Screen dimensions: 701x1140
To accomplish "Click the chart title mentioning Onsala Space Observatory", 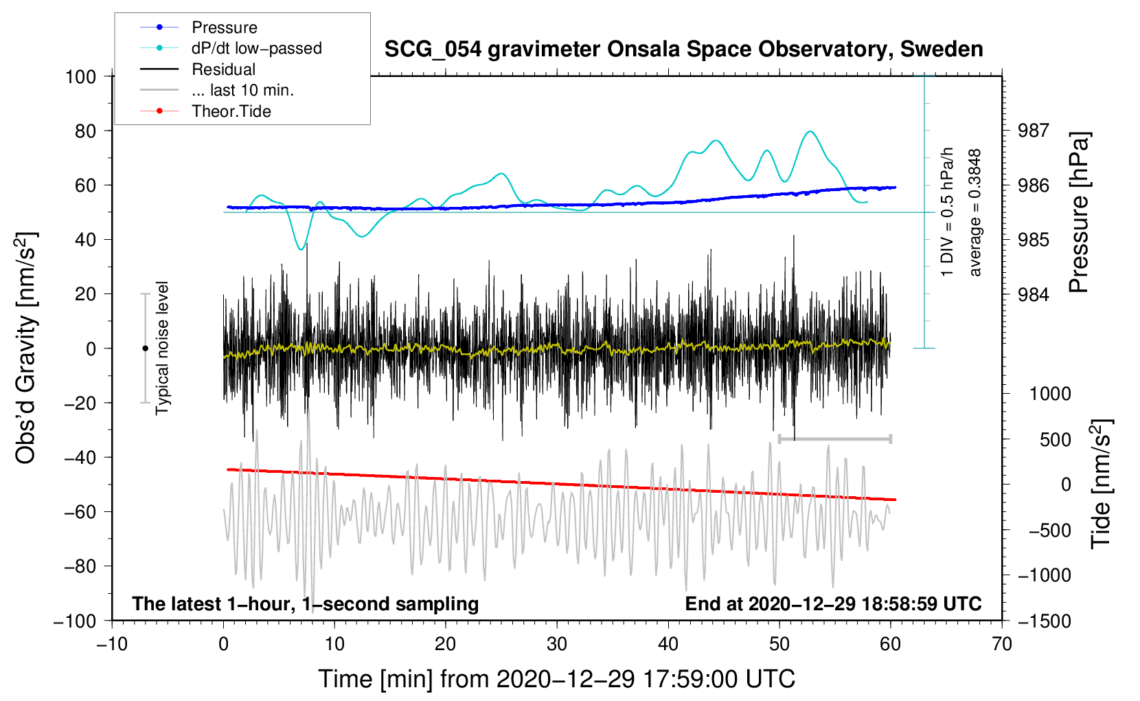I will point(683,49).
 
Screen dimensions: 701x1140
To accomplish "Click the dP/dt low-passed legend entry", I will point(256,48).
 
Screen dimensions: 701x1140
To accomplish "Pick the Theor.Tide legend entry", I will point(231,111).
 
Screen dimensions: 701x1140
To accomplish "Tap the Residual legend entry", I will point(223,69).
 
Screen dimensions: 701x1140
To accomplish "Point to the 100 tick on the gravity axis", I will point(81,76).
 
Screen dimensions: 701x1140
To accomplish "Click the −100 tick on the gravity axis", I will point(76,621).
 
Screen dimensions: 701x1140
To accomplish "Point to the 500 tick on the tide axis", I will point(1055,439).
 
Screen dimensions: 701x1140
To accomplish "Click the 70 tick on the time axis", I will point(1002,644).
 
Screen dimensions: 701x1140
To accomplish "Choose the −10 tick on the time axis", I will point(112,644).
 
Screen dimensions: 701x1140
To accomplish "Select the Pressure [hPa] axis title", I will point(1079,213).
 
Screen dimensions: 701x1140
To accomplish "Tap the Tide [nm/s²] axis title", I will point(1101,484).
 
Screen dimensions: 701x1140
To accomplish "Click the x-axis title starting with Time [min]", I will point(556,679).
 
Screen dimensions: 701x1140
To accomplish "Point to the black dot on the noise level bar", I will point(145,348).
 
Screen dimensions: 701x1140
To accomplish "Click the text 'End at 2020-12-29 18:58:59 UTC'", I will point(833,603).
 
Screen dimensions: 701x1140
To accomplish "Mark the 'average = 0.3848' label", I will point(975,213).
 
